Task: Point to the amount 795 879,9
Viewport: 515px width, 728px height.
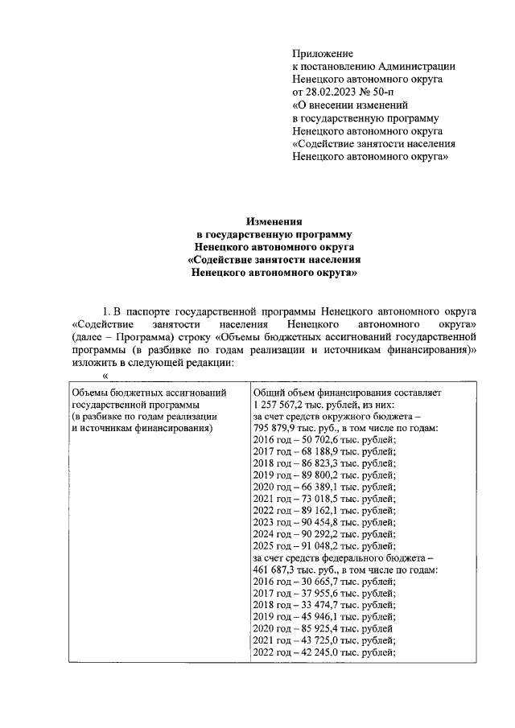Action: coord(279,430)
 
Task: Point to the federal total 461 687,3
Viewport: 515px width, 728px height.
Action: coord(279,584)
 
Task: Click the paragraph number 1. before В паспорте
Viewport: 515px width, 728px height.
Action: coord(105,310)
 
